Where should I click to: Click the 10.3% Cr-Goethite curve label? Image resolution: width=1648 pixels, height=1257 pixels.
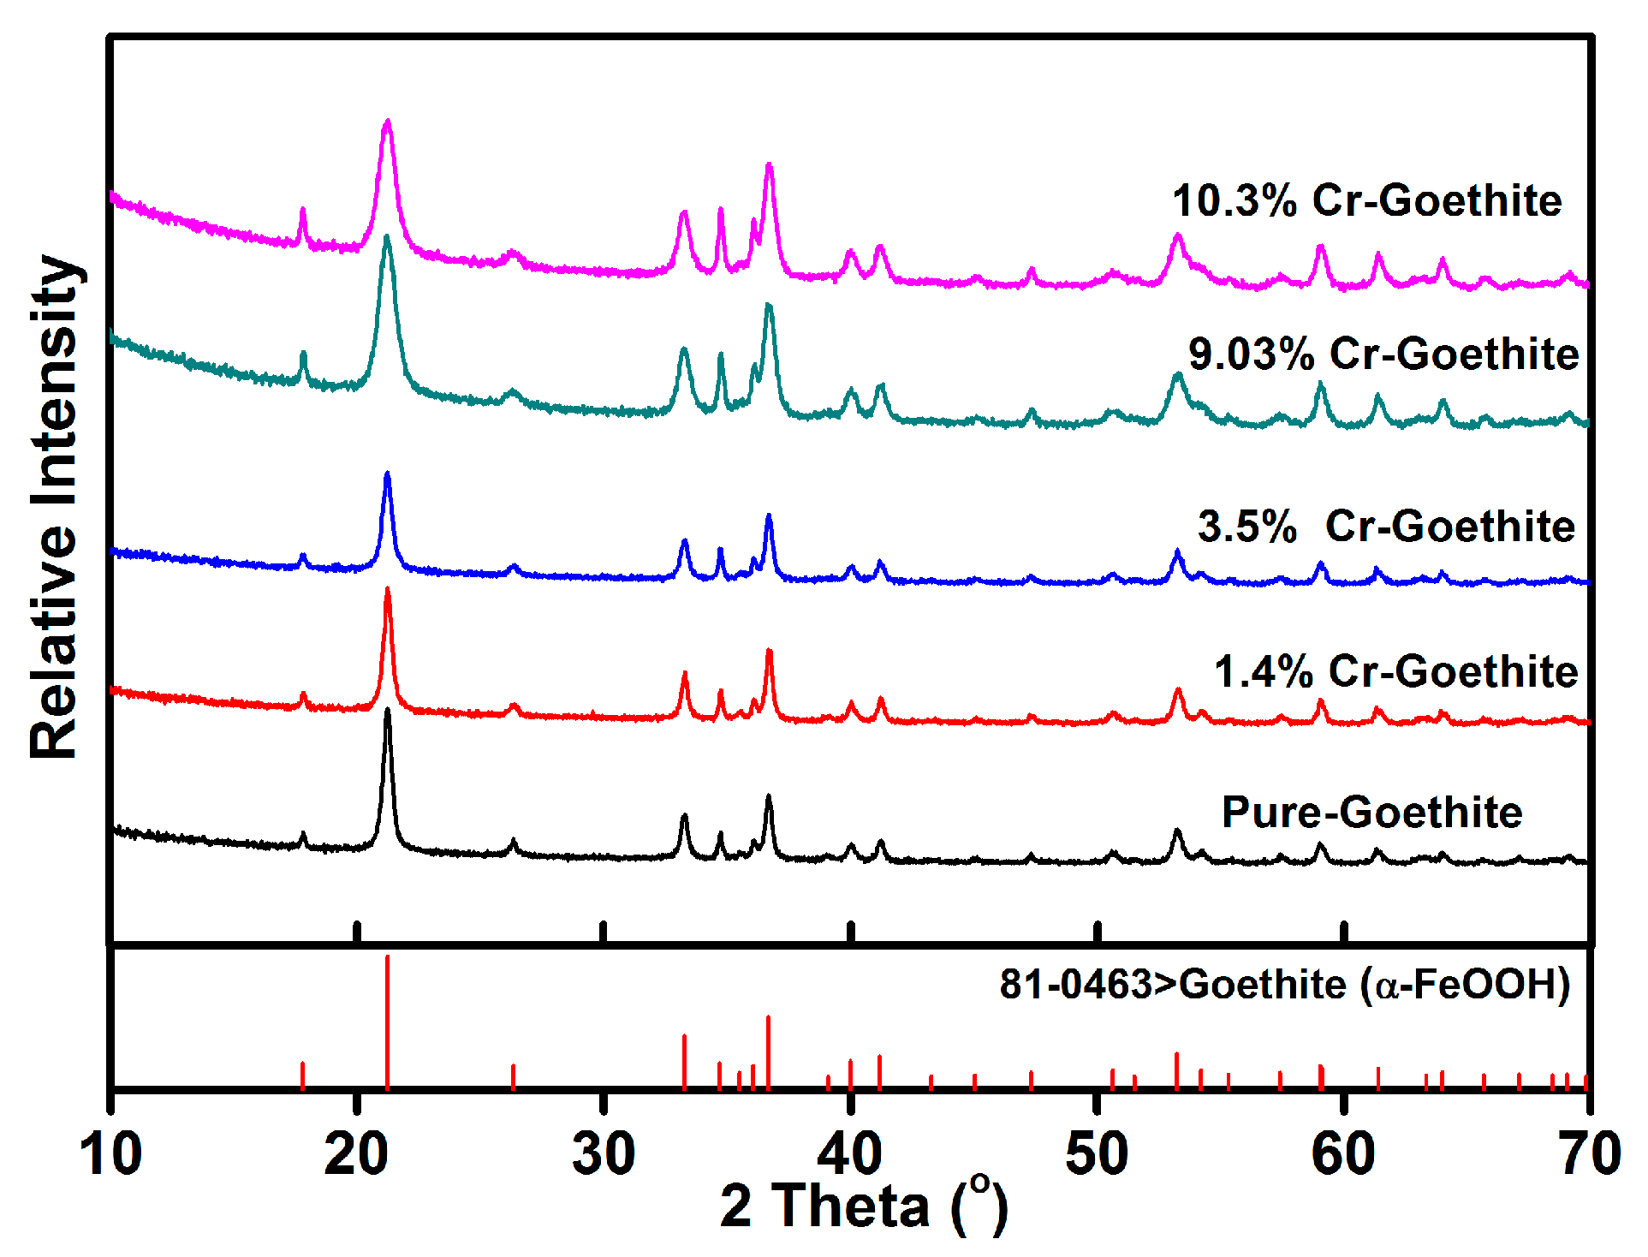click(x=1367, y=201)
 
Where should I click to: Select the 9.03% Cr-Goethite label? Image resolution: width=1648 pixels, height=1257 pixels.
click(x=1383, y=354)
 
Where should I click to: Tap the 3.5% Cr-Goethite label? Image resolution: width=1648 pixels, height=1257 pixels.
click(x=1386, y=526)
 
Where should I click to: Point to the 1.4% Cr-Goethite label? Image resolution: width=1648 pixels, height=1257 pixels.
click(x=1395, y=671)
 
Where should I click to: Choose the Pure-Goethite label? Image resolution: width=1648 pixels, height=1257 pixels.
click(x=1371, y=812)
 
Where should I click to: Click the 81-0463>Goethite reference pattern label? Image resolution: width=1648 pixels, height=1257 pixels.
click(x=1284, y=984)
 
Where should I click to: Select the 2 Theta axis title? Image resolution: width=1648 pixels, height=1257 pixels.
click(x=863, y=1206)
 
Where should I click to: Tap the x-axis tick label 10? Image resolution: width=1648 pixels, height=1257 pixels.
click(x=110, y=1153)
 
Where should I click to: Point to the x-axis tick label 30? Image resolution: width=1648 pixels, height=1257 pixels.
click(x=604, y=1153)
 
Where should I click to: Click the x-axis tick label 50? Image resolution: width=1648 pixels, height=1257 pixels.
click(x=1097, y=1153)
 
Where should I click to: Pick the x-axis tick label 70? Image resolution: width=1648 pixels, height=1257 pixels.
click(x=1590, y=1153)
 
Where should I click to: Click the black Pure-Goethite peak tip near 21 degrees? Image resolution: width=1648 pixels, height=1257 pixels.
click(x=388, y=712)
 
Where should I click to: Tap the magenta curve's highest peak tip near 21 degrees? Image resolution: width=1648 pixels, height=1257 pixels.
click(x=388, y=122)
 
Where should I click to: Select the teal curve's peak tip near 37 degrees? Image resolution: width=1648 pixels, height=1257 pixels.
click(x=768, y=307)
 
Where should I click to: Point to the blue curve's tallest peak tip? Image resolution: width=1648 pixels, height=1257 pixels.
click(x=388, y=474)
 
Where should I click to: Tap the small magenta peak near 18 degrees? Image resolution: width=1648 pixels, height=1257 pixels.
click(x=302, y=211)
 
